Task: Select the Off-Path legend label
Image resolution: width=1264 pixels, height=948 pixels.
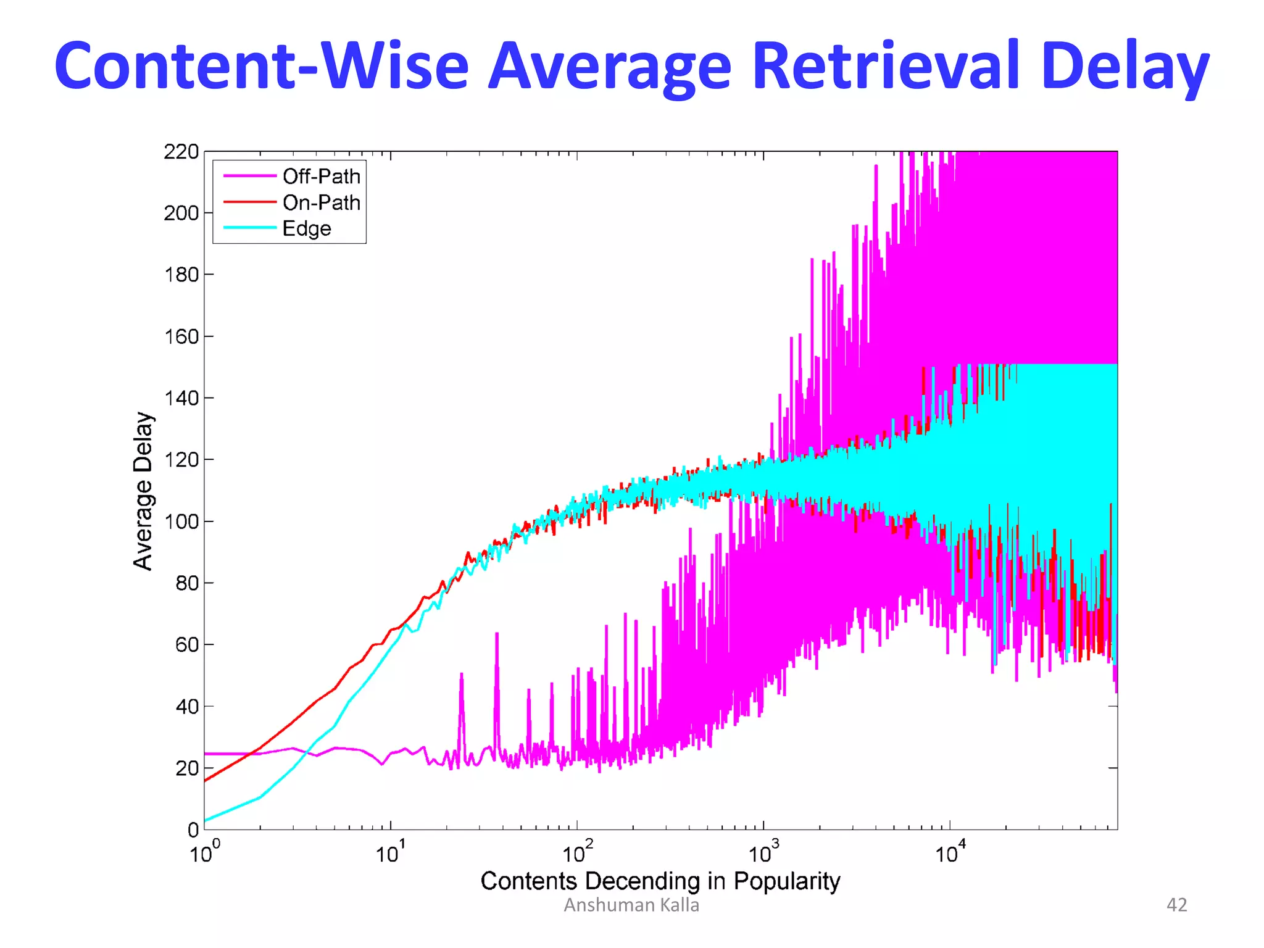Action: pos(321,177)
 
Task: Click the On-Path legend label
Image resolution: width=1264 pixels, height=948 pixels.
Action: pos(321,202)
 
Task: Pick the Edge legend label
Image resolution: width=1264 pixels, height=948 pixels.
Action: pos(307,228)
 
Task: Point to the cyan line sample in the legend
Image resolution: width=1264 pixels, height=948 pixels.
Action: pos(249,228)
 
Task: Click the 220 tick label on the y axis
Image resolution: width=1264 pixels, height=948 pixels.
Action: pos(181,152)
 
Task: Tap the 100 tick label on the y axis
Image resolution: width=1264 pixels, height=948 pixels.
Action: pos(181,522)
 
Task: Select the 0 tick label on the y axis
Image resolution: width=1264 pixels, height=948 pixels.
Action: pos(193,830)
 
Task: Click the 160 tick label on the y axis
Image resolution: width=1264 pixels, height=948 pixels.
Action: pos(181,337)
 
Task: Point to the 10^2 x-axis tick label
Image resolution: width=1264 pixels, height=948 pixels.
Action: pos(576,853)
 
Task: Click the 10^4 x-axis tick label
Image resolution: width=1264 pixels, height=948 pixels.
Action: pos(949,853)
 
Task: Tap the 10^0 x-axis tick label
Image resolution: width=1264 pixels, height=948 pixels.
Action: pos(204,853)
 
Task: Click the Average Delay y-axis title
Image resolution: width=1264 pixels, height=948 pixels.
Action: pos(143,491)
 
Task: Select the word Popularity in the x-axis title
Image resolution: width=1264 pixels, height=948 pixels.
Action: pos(786,881)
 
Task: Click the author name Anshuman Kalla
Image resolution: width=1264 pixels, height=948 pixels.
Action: pos(631,905)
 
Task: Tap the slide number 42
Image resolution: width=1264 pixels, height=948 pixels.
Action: pos(1176,905)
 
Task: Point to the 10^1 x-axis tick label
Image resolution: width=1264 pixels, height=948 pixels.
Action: pos(390,853)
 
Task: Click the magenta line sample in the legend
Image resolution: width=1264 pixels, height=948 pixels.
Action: pos(249,176)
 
